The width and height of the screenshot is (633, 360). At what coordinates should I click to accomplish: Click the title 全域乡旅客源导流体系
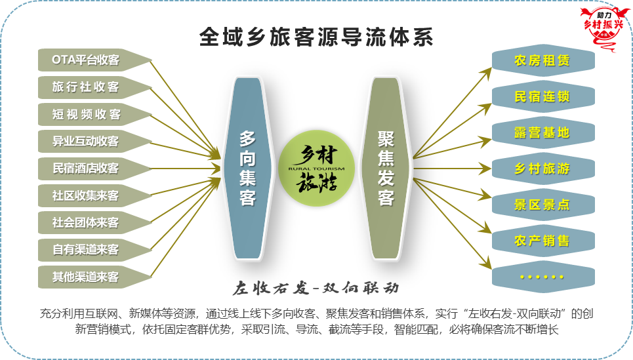click(x=316, y=37)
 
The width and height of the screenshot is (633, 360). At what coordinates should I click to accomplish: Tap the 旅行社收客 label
click(x=85, y=87)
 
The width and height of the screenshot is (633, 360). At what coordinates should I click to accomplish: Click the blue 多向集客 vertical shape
click(x=247, y=168)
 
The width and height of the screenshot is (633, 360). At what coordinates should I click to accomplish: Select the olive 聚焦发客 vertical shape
click(x=386, y=168)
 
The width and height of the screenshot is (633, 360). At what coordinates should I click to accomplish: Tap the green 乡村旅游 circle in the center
click(x=316, y=169)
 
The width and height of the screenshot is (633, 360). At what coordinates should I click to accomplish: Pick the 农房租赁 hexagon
click(x=543, y=60)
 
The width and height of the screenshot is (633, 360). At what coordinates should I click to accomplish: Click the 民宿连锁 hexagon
click(x=543, y=96)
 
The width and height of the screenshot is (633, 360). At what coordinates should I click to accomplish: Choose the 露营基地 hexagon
click(x=543, y=132)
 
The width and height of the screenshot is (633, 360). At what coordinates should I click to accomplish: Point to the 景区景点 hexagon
click(x=543, y=205)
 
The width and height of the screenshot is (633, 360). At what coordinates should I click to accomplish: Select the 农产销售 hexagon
click(x=543, y=241)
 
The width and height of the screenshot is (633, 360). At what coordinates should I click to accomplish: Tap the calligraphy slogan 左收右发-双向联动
click(x=316, y=288)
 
